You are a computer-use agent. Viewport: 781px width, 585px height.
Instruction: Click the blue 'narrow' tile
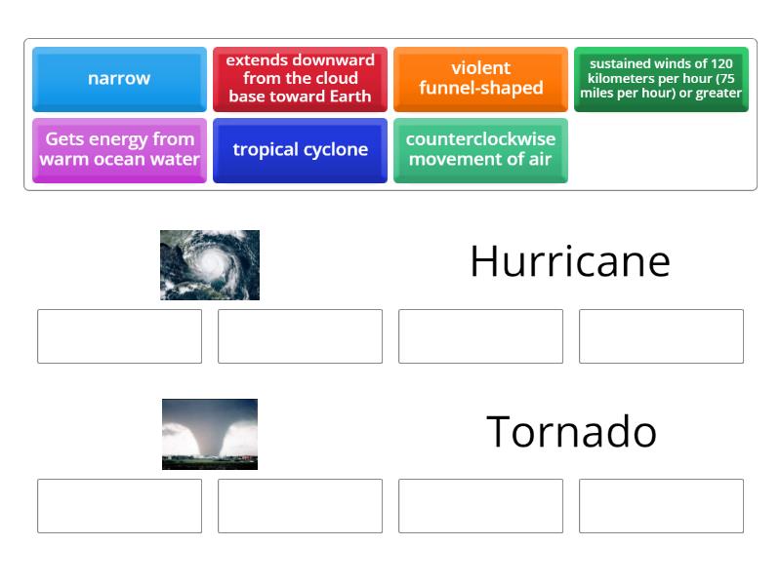(x=119, y=79)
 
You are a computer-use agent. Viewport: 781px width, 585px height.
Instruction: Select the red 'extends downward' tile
(x=300, y=79)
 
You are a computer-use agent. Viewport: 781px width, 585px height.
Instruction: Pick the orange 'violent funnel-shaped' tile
(x=480, y=79)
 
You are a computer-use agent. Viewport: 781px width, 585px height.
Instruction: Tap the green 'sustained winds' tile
(x=661, y=79)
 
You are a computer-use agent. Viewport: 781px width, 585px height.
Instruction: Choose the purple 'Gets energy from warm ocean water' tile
(x=119, y=150)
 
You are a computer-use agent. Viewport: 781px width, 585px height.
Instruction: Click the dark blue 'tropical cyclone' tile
(x=300, y=150)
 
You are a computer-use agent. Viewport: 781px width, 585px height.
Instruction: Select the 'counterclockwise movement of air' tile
(x=480, y=150)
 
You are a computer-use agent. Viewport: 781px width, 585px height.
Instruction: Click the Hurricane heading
(x=569, y=261)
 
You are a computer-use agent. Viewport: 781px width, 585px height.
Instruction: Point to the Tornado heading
(x=571, y=431)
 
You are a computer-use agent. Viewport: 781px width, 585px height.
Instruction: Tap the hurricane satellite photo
(x=210, y=264)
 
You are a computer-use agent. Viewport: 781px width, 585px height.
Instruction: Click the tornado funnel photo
(x=210, y=434)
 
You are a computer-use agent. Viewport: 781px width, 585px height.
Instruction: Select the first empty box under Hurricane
(x=119, y=336)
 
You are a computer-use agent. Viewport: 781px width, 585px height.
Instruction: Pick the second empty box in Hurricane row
(x=300, y=336)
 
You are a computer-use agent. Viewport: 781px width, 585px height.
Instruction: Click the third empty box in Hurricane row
(x=480, y=336)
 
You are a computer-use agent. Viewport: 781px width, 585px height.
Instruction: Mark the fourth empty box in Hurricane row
(x=661, y=336)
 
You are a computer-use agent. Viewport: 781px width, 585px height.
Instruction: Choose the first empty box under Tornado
(x=119, y=506)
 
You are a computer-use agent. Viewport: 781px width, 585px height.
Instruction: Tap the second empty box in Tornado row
(x=300, y=506)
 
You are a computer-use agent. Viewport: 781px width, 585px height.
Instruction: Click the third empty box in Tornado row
(x=480, y=506)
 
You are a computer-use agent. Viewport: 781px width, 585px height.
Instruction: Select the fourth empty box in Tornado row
(x=661, y=506)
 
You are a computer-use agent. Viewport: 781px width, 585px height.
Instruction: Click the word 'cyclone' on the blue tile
(x=334, y=150)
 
